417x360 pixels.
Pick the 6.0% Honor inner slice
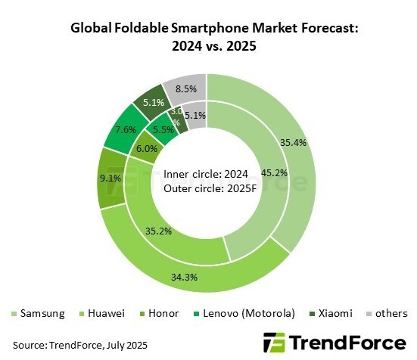[x=146, y=150]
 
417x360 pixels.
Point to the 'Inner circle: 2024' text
[x=207, y=175]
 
